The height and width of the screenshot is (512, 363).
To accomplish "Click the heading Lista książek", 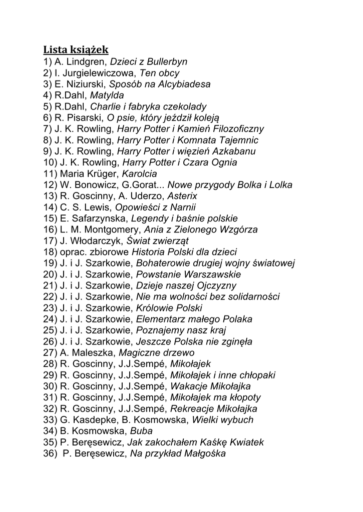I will click(x=76, y=49).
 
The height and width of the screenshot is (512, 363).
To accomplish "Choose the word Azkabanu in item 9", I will click(x=234, y=151).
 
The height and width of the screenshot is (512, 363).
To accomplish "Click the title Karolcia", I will click(x=139, y=174).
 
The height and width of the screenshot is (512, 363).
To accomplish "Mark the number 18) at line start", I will click(x=50, y=252).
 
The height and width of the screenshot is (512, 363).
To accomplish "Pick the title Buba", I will click(x=141, y=431).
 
